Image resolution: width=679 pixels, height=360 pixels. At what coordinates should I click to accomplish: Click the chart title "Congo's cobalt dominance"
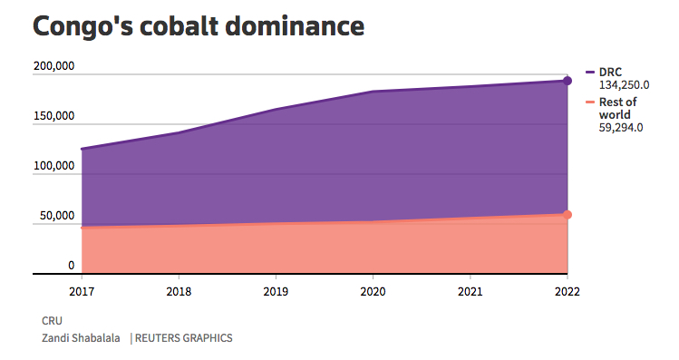[199, 26]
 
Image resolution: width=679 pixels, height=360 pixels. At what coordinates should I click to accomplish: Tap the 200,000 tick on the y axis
[53, 66]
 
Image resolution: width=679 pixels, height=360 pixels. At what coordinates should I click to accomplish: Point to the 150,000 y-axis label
[53, 116]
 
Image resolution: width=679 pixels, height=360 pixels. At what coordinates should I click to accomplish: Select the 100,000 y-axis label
[53, 166]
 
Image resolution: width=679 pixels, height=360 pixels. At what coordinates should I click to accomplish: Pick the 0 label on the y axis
[70, 266]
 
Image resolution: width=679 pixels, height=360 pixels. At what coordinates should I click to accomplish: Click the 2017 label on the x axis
[82, 292]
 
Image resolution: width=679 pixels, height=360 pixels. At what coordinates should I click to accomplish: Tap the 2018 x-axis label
[179, 292]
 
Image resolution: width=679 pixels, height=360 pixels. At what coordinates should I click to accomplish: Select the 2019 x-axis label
[276, 292]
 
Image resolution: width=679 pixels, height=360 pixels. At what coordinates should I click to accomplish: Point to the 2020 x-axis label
[373, 292]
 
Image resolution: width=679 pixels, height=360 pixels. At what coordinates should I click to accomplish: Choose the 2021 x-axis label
[470, 292]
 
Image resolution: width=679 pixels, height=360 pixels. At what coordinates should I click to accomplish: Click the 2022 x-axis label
[567, 292]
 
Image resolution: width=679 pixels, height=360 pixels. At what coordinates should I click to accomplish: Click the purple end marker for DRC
[567, 81]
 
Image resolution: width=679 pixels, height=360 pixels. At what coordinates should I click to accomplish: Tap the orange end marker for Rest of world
[567, 215]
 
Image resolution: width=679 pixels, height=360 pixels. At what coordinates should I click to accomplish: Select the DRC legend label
[610, 72]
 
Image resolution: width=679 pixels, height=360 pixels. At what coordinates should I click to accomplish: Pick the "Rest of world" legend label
[617, 109]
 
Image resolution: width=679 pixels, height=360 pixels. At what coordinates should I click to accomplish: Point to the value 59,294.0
[621, 128]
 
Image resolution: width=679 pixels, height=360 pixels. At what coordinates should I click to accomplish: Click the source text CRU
[52, 321]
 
